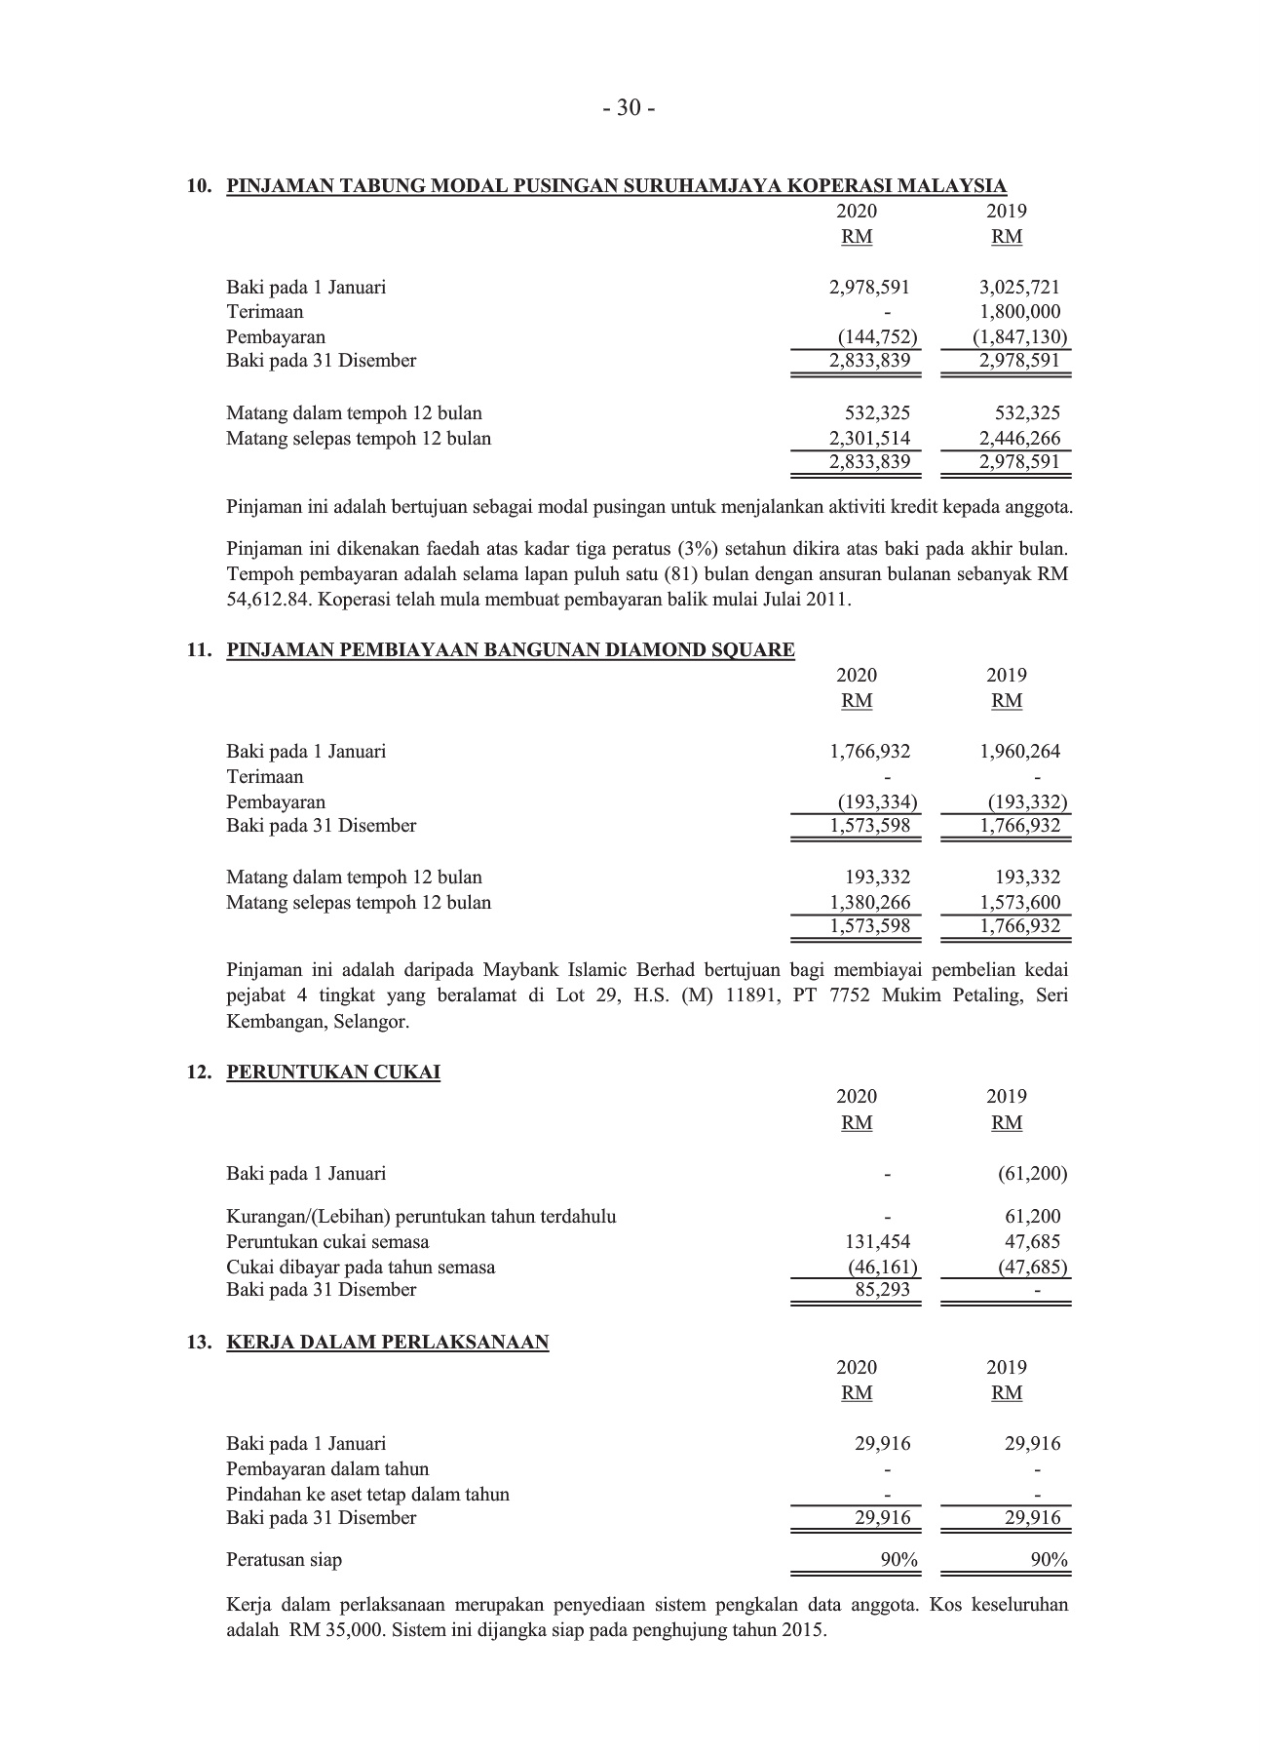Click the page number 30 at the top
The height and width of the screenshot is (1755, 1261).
pyautogui.click(x=629, y=108)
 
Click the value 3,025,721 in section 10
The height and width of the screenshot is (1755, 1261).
pyautogui.click(x=1019, y=287)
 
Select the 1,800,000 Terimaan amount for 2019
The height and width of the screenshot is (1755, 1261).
pyautogui.click(x=1019, y=312)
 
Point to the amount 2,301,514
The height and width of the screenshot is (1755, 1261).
pyautogui.click(x=869, y=439)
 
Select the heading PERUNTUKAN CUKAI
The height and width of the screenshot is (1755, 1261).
pyautogui.click(x=333, y=1072)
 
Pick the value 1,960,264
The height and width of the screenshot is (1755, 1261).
pyautogui.click(x=1019, y=752)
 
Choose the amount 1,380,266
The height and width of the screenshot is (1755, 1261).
pyautogui.click(x=869, y=903)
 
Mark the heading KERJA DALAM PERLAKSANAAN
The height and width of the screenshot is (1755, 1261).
pyautogui.click(x=388, y=1343)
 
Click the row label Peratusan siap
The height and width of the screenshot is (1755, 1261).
pyautogui.click(x=284, y=1560)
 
